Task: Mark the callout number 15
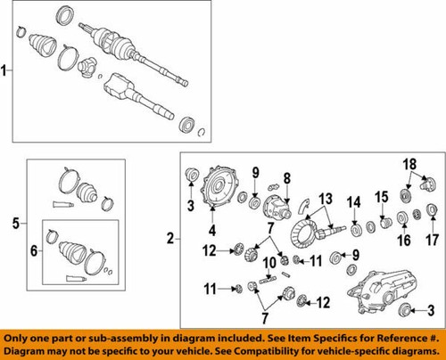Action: click(382, 196)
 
